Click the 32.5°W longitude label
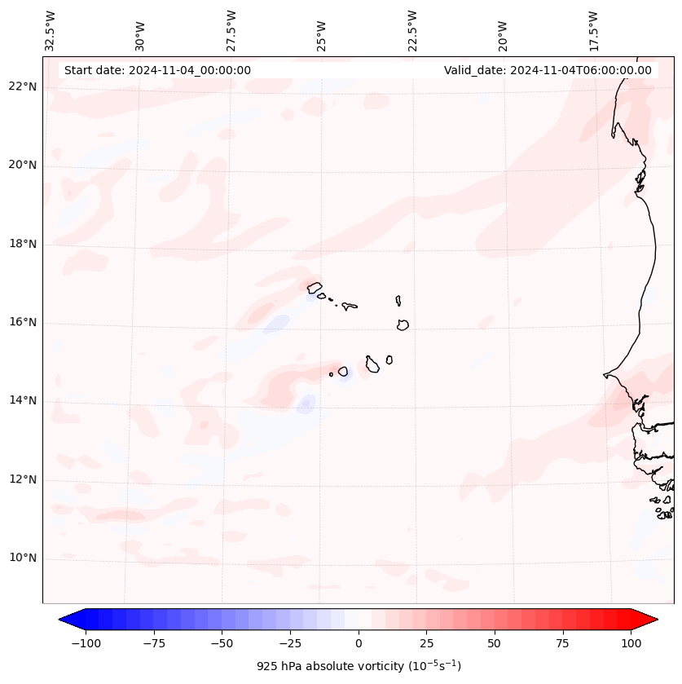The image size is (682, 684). click(51, 30)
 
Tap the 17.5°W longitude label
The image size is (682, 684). click(593, 30)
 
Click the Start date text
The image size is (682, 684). click(157, 70)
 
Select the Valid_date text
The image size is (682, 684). click(548, 70)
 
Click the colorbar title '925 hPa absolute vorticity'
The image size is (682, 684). click(359, 666)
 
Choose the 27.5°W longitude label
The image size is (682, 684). click(231, 30)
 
